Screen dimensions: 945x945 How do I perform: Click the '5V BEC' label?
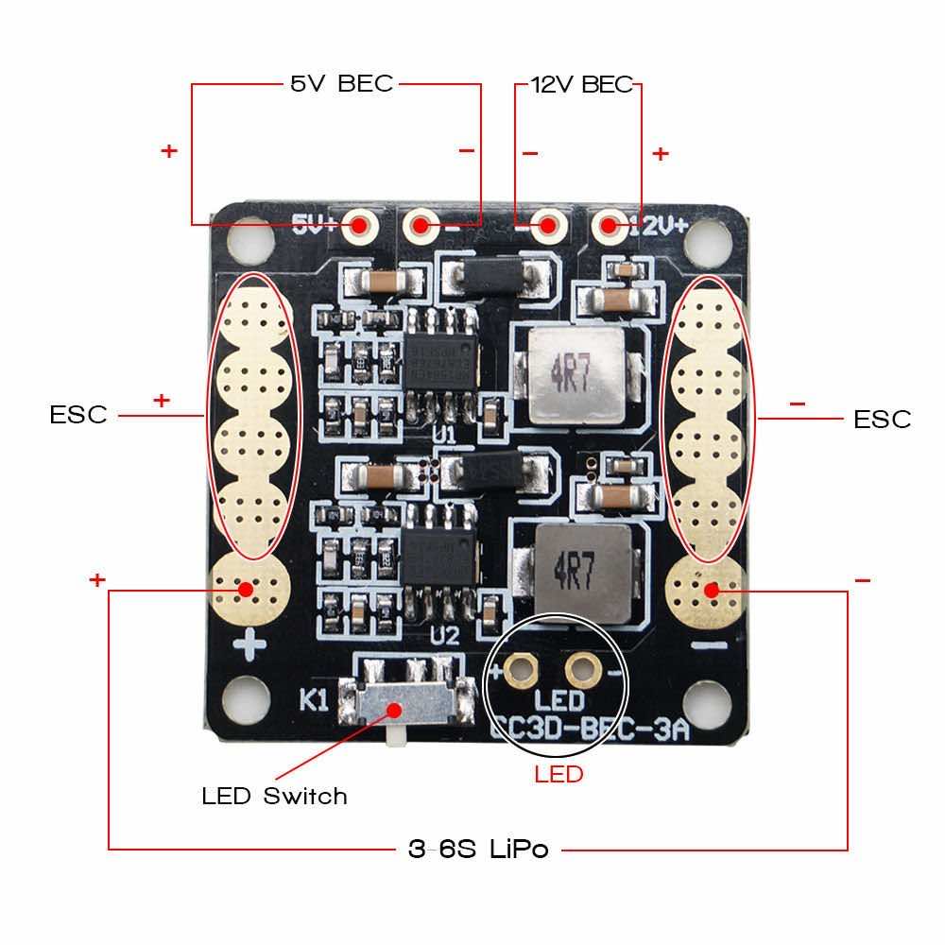(x=341, y=84)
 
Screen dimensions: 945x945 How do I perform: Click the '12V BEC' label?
(x=581, y=84)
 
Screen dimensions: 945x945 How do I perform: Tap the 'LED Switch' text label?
(x=274, y=796)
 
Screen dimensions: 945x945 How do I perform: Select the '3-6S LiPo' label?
(x=478, y=849)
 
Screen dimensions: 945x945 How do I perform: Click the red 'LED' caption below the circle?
(x=558, y=775)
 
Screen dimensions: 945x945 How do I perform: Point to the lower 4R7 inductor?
(x=589, y=574)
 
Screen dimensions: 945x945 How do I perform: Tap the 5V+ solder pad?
(x=360, y=225)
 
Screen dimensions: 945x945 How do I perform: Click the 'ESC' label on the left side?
(x=78, y=415)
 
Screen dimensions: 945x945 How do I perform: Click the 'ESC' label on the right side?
(x=882, y=419)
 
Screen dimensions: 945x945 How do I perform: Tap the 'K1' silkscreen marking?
(x=315, y=700)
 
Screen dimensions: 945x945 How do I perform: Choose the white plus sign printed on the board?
(x=250, y=646)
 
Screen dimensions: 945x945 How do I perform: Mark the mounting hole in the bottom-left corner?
(x=240, y=700)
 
